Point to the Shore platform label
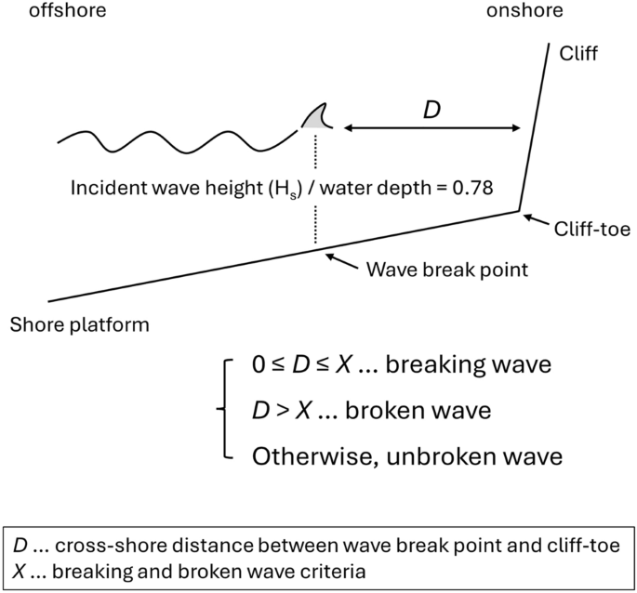(x=79, y=324)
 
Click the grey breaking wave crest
(x=316, y=118)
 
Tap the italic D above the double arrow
(x=431, y=109)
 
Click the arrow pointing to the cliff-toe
(x=537, y=220)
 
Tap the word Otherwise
(x=307, y=457)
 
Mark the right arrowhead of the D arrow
(x=517, y=129)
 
